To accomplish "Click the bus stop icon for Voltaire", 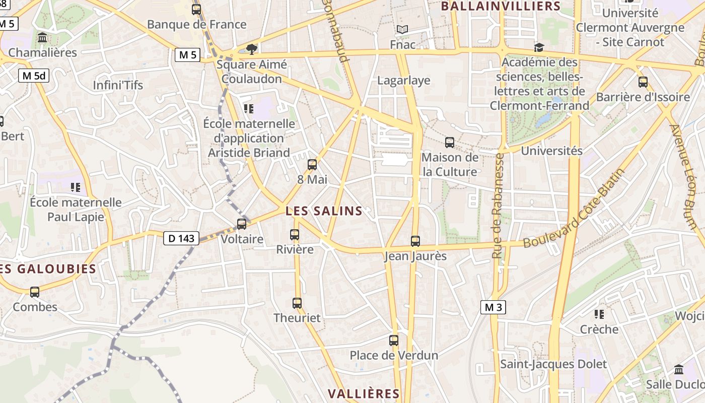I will (x=242, y=224).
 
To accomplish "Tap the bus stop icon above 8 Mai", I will (x=312, y=164).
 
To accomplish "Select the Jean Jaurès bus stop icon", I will (x=415, y=241).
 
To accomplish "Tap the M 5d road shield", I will (x=34, y=76).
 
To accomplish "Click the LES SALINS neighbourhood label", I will (x=324, y=211).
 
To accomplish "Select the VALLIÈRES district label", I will (x=364, y=393).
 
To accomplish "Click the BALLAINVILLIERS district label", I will (x=501, y=6).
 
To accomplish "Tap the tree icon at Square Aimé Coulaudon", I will (x=251, y=49).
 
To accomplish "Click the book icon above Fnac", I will (x=402, y=30).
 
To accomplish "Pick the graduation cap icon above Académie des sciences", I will (x=539, y=47).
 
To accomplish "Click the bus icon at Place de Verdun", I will (x=394, y=341).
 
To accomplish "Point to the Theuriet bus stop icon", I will (x=297, y=303).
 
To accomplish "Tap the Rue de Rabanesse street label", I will (x=498, y=207).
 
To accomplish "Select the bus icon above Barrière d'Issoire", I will (x=643, y=82).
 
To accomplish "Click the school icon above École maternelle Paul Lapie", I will (x=76, y=188).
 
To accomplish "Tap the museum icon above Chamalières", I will (x=42, y=38).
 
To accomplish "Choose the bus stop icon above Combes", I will (x=35, y=292).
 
